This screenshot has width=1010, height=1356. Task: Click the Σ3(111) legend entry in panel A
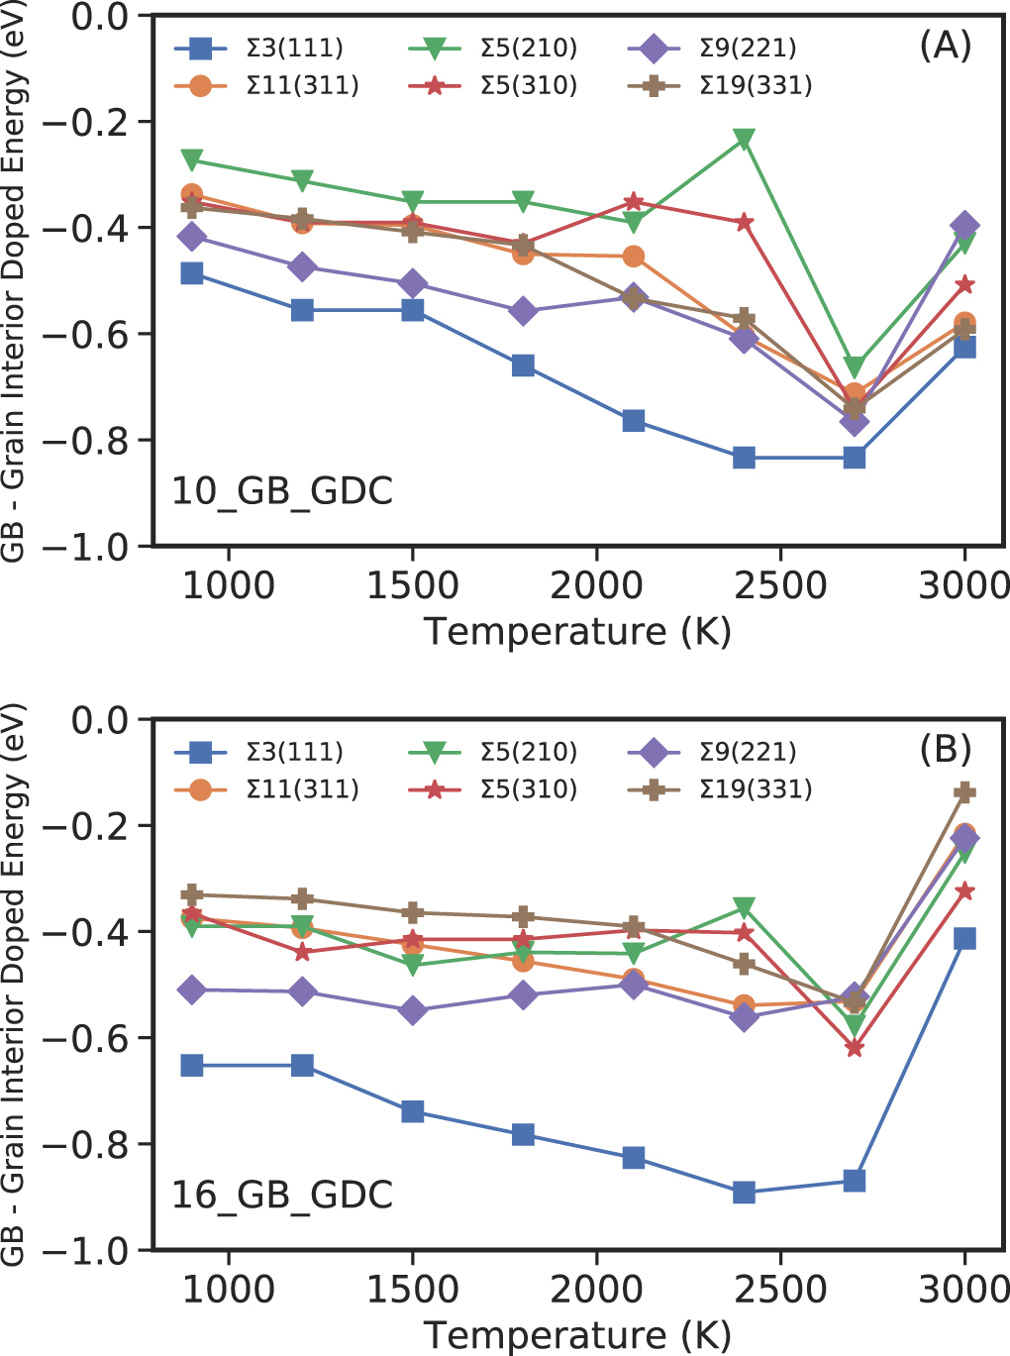point(259,48)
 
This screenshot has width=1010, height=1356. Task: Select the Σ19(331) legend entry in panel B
point(720,789)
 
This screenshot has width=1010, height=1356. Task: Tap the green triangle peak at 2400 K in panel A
point(744,139)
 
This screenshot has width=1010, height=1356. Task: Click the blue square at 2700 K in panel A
point(855,458)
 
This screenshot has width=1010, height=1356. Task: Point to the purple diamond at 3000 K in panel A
point(964,226)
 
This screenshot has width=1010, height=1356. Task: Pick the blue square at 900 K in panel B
point(192,1066)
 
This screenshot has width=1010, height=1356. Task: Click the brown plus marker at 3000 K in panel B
point(964,792)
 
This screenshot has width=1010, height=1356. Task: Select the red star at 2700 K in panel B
point(855,1047)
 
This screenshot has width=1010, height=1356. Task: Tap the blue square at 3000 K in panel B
point(964,938)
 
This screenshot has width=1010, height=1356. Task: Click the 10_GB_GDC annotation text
point(282,491)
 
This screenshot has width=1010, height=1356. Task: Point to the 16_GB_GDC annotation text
point(282,1195)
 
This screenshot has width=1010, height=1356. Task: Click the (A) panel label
point(945,46)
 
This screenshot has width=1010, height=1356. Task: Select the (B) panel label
point(945,750)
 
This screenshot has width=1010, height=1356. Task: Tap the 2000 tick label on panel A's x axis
point(596,585)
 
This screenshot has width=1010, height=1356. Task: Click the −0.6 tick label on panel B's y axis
point(95,1038)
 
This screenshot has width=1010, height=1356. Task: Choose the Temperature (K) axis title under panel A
point(577,631)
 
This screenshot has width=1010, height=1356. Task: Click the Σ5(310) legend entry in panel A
point(493,85)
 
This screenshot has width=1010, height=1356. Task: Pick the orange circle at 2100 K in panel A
point(634,257)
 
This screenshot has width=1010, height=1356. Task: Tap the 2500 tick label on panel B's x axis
point(780,1290)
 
